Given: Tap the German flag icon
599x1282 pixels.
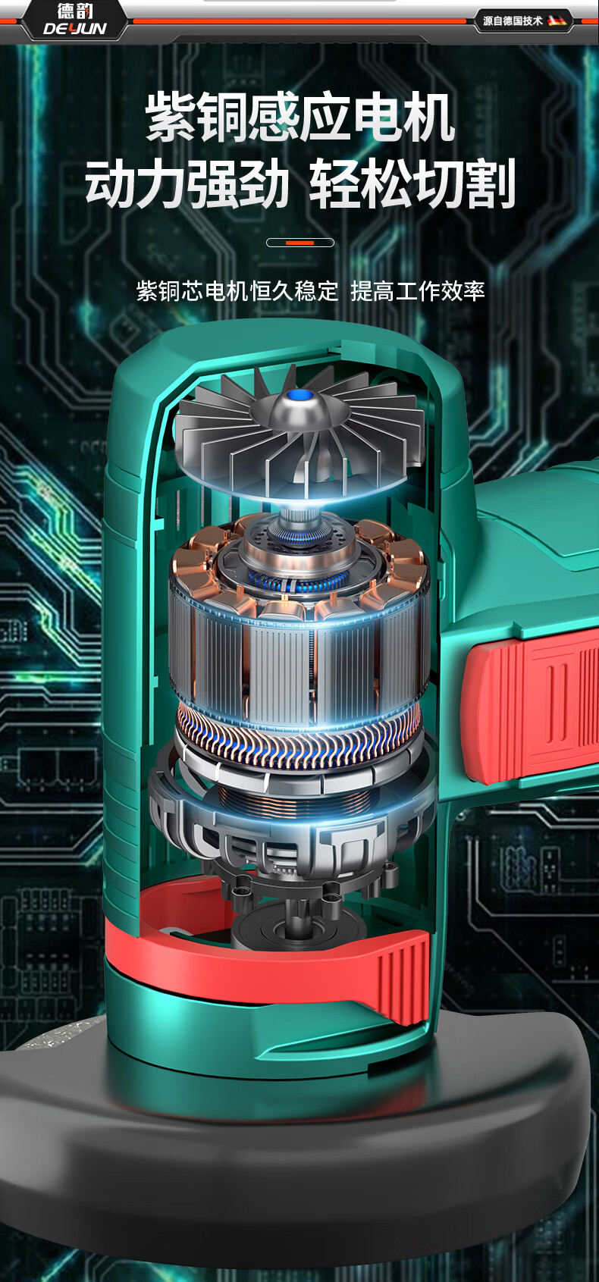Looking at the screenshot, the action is pos(556,21).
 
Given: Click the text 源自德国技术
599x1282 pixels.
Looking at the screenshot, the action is pos(513,21).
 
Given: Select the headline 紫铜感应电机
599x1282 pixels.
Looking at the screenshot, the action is pos(300,118).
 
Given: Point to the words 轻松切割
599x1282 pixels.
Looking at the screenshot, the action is pos(412,183).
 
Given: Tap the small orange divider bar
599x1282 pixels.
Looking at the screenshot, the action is pos(300,243).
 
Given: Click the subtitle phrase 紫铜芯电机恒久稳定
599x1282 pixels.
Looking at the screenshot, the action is pos(237,290).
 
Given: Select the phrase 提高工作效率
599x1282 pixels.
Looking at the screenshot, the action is pos(418,290).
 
